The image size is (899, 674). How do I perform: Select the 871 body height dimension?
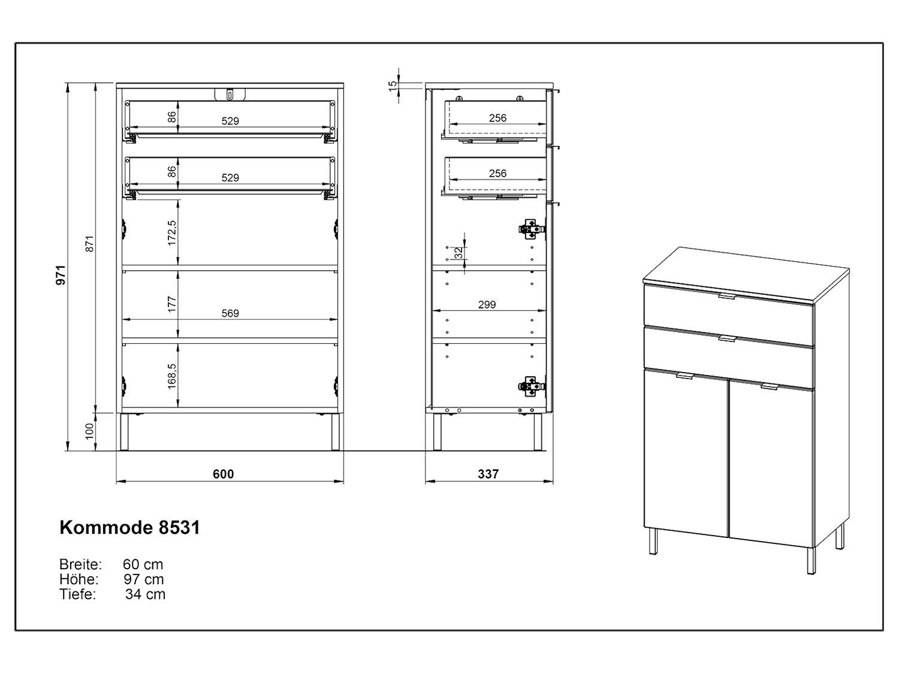tap(90, 244)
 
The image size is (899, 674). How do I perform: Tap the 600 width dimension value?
tap(223, 474)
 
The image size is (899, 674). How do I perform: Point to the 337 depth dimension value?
tap(488, 474)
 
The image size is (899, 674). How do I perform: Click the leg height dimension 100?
tap(90, 431)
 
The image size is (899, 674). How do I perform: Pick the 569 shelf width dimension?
tap(230, 313)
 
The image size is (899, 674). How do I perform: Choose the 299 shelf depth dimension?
tap(487, 305)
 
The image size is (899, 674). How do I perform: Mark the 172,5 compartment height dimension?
tap(172, 233)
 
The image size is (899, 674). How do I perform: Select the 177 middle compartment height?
tap(172, 304)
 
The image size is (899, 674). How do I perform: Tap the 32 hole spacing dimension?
tap(458, 253)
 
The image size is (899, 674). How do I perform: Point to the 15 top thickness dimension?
tap(393, 86)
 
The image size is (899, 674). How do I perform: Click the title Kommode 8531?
tap(130, 527)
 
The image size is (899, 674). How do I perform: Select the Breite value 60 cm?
tap(143, 564)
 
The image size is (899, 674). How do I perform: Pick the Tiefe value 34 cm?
tap(145, 594)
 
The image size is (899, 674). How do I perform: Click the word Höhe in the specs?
tap(79, 579)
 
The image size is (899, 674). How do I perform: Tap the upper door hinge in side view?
tap(531, 227)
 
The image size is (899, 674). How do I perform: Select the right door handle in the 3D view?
tap(768, 387)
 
